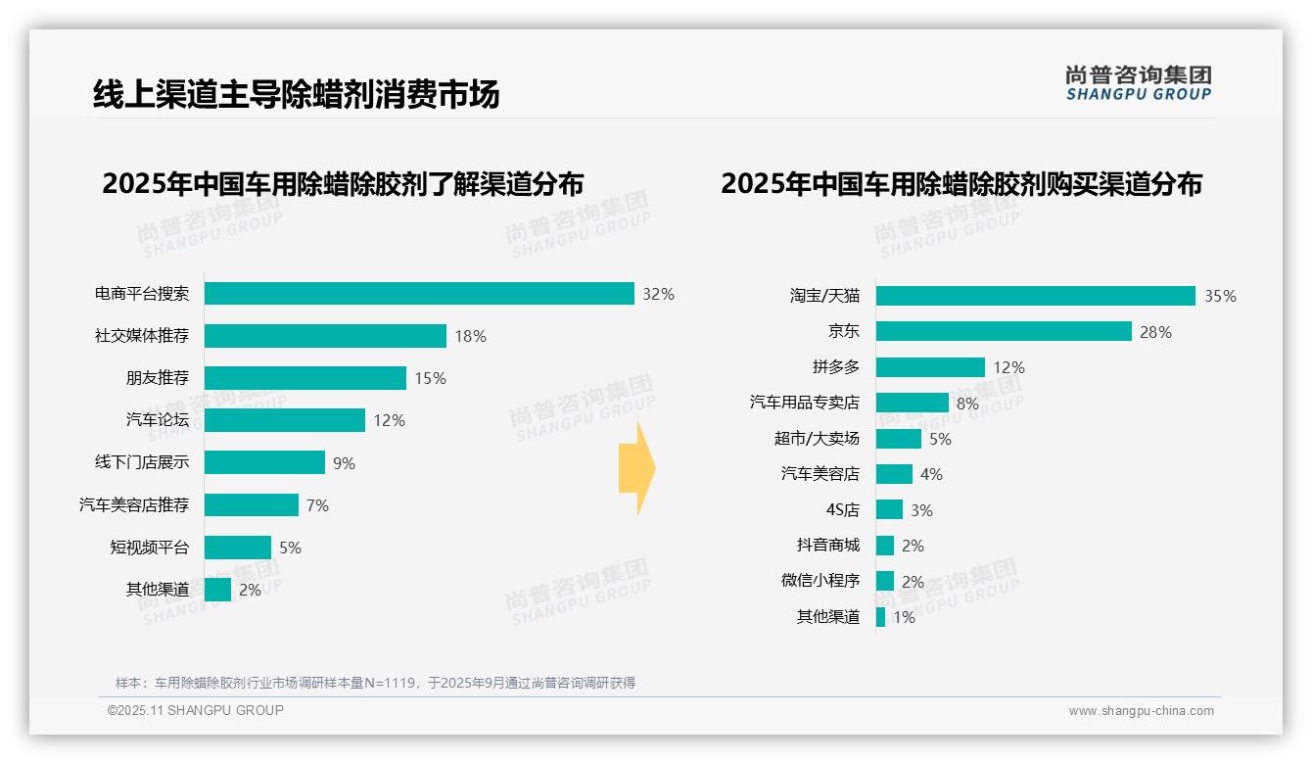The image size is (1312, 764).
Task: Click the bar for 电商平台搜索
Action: [x=419, y=294]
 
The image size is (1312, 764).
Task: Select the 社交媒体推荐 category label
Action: [x=141, y=336]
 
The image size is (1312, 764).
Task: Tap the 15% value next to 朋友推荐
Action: [x=431, y=378]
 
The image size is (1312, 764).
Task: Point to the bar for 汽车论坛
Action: [x=285, y=420]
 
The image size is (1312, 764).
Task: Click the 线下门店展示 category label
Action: [x=141, y=462]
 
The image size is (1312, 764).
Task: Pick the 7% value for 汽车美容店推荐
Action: [x=317, y=505]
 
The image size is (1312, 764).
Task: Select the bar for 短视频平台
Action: [x=238, y=548]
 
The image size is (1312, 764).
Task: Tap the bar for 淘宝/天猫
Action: [x=1035, y=296]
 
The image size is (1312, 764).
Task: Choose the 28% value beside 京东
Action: [x=1155, y=332]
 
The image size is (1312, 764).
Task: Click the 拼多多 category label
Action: [x=835, y=367]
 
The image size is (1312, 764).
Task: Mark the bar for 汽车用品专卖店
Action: [x=912, y=403]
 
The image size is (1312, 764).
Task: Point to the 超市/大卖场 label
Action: [x=816, y=439]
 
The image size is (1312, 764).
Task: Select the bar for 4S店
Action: [x=889, y=509]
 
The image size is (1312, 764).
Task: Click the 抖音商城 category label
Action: [x=827, y=546]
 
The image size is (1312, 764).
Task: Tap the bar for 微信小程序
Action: [x=885, y=581]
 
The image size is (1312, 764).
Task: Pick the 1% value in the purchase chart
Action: [x=904, y=617]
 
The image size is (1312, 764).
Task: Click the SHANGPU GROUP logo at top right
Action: [x=1138, y=82]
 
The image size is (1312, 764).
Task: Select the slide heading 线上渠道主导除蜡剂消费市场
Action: [x=296, y=94]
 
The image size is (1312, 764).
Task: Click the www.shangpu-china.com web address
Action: [x=1141, y=711]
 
